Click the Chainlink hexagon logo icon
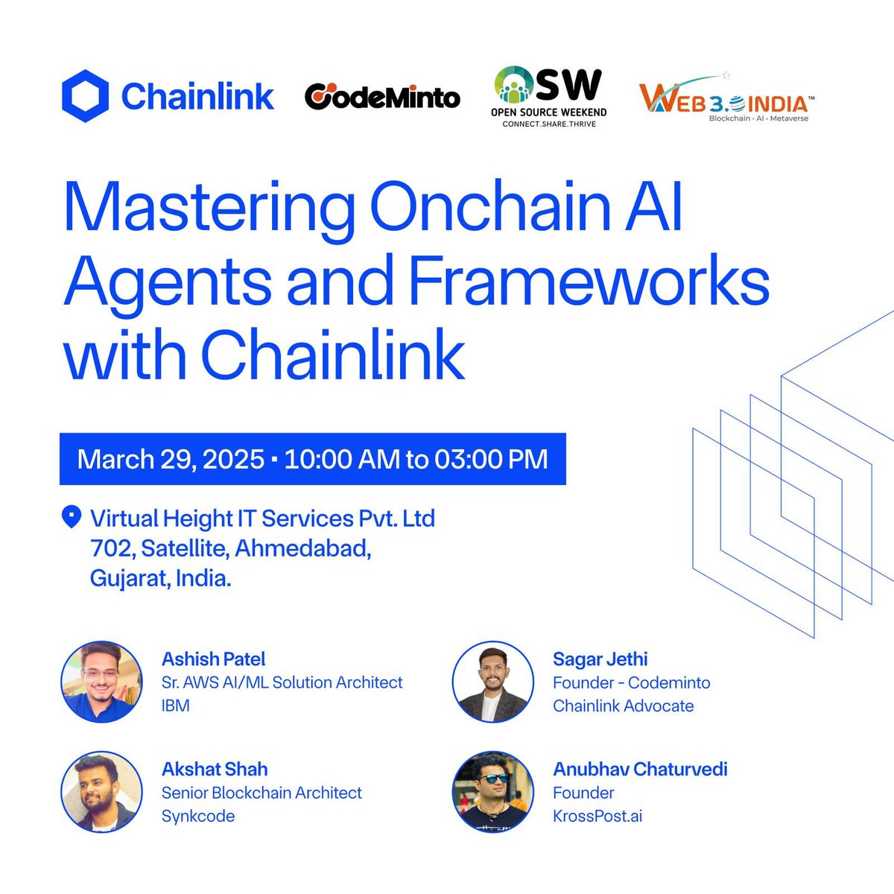[86, 96]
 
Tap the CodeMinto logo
[382, 96]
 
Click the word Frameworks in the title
[589, 281]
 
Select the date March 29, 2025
[171, 459]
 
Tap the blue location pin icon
[72, 516]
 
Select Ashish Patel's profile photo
[101, 682]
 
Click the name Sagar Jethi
[600, 659]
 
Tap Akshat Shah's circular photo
[101, 792]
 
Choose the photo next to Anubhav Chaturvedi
[493, 792]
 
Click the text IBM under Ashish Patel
[175, 706]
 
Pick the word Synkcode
[198, 816]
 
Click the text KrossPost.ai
[597, 816]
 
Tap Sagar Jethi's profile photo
[493, 682]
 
